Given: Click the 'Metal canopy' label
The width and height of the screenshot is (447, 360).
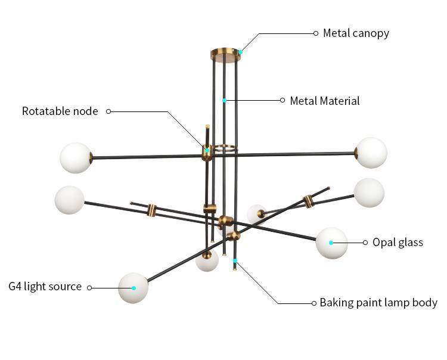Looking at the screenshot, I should click(356, 33).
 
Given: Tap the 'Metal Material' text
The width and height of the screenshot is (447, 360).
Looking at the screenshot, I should click(325, 101).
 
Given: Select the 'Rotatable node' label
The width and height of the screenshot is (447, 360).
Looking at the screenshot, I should click(60, 111).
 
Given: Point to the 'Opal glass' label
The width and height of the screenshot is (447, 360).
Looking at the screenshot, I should click(398, 242).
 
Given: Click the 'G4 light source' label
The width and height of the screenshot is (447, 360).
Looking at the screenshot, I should click(45, 287).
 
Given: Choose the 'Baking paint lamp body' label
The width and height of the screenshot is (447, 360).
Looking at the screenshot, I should click(378, 303).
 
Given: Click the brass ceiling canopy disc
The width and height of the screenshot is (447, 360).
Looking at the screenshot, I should click(225, 55).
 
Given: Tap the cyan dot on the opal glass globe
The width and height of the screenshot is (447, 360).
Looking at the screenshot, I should click(331, 243).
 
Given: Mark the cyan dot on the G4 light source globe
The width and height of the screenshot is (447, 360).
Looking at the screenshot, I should click(134, 288).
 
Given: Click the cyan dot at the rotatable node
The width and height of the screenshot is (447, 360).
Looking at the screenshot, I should click(207, 150).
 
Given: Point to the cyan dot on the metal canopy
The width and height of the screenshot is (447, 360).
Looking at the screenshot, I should click(240, 52).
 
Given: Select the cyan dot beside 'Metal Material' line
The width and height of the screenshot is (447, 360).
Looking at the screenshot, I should click(224, 100).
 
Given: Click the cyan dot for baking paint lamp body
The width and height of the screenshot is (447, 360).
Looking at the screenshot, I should click(235, 261).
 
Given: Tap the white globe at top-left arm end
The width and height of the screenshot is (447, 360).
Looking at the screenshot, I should click(76, 158).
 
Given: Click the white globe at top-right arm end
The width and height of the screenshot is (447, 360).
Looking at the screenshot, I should click(371, 153).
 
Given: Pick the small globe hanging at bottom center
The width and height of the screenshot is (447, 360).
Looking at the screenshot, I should click(207, 261).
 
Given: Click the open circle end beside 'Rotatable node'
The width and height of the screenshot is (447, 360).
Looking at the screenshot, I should click(108, 111).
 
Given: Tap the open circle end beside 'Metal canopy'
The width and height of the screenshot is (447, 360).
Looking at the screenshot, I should click(316, 33).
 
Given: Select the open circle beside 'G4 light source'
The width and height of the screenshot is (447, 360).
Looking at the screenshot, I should click(89, 287).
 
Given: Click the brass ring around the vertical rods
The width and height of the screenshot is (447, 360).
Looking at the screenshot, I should click(225, 147).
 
